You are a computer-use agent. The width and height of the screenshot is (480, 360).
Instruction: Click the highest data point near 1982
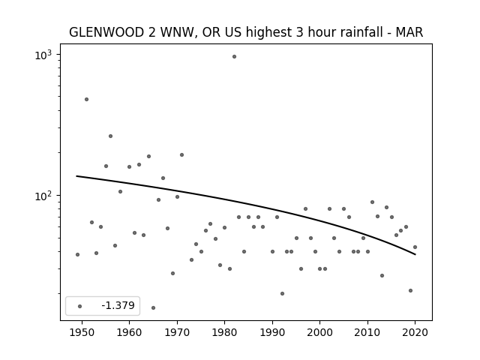(234, 57)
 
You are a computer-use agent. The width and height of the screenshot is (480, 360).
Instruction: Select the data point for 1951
(87, 100)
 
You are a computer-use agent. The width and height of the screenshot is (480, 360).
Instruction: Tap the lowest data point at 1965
(153, 308)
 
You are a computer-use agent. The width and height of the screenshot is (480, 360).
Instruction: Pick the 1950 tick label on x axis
(82, 332)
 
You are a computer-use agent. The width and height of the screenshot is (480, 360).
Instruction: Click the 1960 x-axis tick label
(129, 332)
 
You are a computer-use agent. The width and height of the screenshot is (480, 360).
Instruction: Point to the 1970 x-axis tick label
(177, 332)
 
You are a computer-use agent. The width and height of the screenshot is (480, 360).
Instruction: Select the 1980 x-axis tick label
(224, 332)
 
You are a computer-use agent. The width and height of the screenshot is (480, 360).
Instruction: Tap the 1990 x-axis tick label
(272, 332)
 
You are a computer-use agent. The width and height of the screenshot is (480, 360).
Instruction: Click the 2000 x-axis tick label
(320, 332)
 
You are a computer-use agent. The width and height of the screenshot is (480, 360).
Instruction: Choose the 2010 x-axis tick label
(367, 332)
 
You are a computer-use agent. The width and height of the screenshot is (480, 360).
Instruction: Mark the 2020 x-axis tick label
(415, 332)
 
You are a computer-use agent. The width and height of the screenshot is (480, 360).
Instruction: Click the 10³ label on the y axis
(43, 55)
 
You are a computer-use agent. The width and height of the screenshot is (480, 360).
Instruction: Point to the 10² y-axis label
(43, 196)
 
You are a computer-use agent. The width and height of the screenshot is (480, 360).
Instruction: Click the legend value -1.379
(118, 305)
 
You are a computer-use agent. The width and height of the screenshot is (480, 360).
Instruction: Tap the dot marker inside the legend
(80, 306)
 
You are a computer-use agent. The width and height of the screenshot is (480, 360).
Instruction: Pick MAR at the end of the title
(409, 32)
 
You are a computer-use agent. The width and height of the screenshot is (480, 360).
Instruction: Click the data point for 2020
(415, 247)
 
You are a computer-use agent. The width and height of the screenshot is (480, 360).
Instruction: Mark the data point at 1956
(110, 136)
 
